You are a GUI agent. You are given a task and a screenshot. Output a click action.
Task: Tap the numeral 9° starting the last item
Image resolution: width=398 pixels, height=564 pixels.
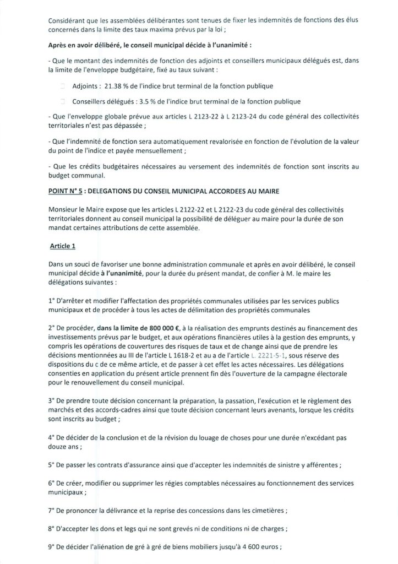[51, 549]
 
